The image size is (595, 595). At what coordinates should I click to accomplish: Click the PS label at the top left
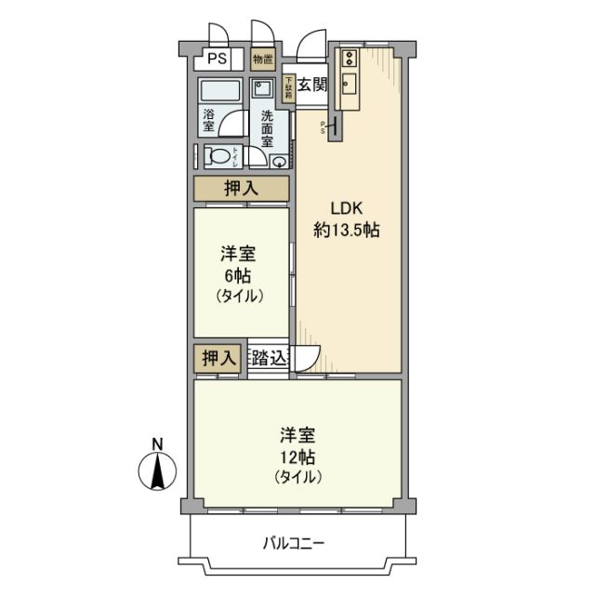216,59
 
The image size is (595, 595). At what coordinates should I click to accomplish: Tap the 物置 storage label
263,59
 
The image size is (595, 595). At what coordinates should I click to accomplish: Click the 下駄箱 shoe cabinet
289,88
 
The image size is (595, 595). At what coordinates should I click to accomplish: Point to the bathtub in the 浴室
218,94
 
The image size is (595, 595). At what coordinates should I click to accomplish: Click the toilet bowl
220,155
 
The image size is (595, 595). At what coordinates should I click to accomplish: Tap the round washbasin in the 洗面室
279,160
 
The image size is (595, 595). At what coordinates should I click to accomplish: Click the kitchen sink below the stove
350,87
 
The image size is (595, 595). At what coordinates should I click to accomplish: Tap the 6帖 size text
241,276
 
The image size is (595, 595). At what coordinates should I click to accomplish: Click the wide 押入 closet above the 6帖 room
242,189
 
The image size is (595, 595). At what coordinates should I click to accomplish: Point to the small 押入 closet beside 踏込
218,358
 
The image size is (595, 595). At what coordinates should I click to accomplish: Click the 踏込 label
270,358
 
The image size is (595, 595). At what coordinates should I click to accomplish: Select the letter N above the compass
158,443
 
